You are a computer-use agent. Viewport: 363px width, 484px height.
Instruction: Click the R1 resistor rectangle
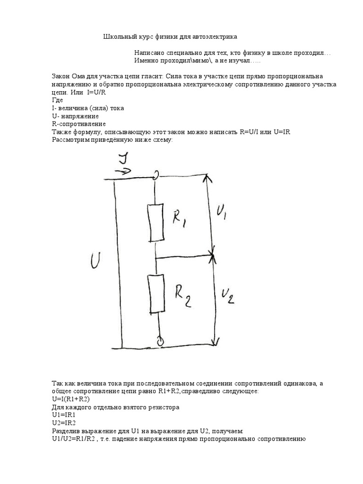click(x=156, y=223)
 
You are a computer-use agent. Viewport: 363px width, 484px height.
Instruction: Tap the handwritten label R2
click(x=181, y=296)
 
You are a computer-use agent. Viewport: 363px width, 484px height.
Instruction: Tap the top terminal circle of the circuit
click(x=156, y=177)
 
